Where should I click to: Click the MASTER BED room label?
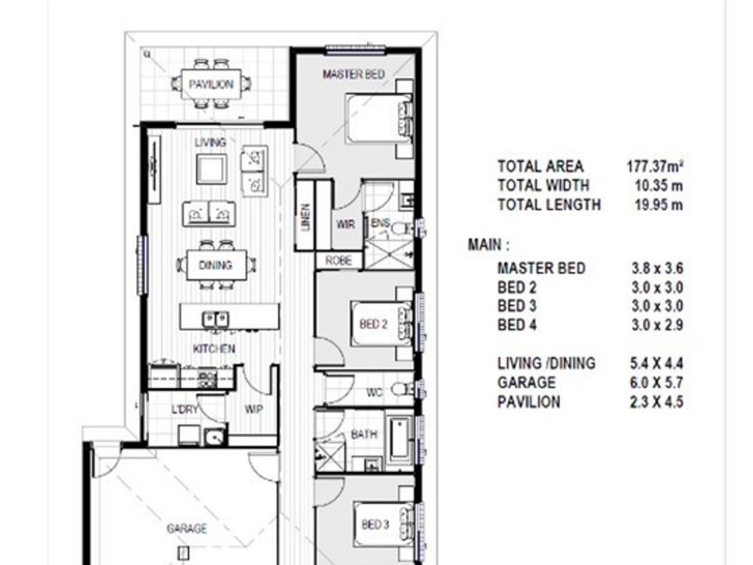point(353,73)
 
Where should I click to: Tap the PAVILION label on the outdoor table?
point(210,85)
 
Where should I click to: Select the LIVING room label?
point(210,142)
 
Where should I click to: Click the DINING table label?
point(216,266)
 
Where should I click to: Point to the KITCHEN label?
point(214,348)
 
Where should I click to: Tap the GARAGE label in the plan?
point(186,529)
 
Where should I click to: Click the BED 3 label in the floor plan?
point(375,524)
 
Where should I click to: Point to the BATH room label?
point(363,434)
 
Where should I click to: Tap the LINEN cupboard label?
point(305,218)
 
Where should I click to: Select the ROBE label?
point(338,260)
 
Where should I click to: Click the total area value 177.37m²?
point(655,166)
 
